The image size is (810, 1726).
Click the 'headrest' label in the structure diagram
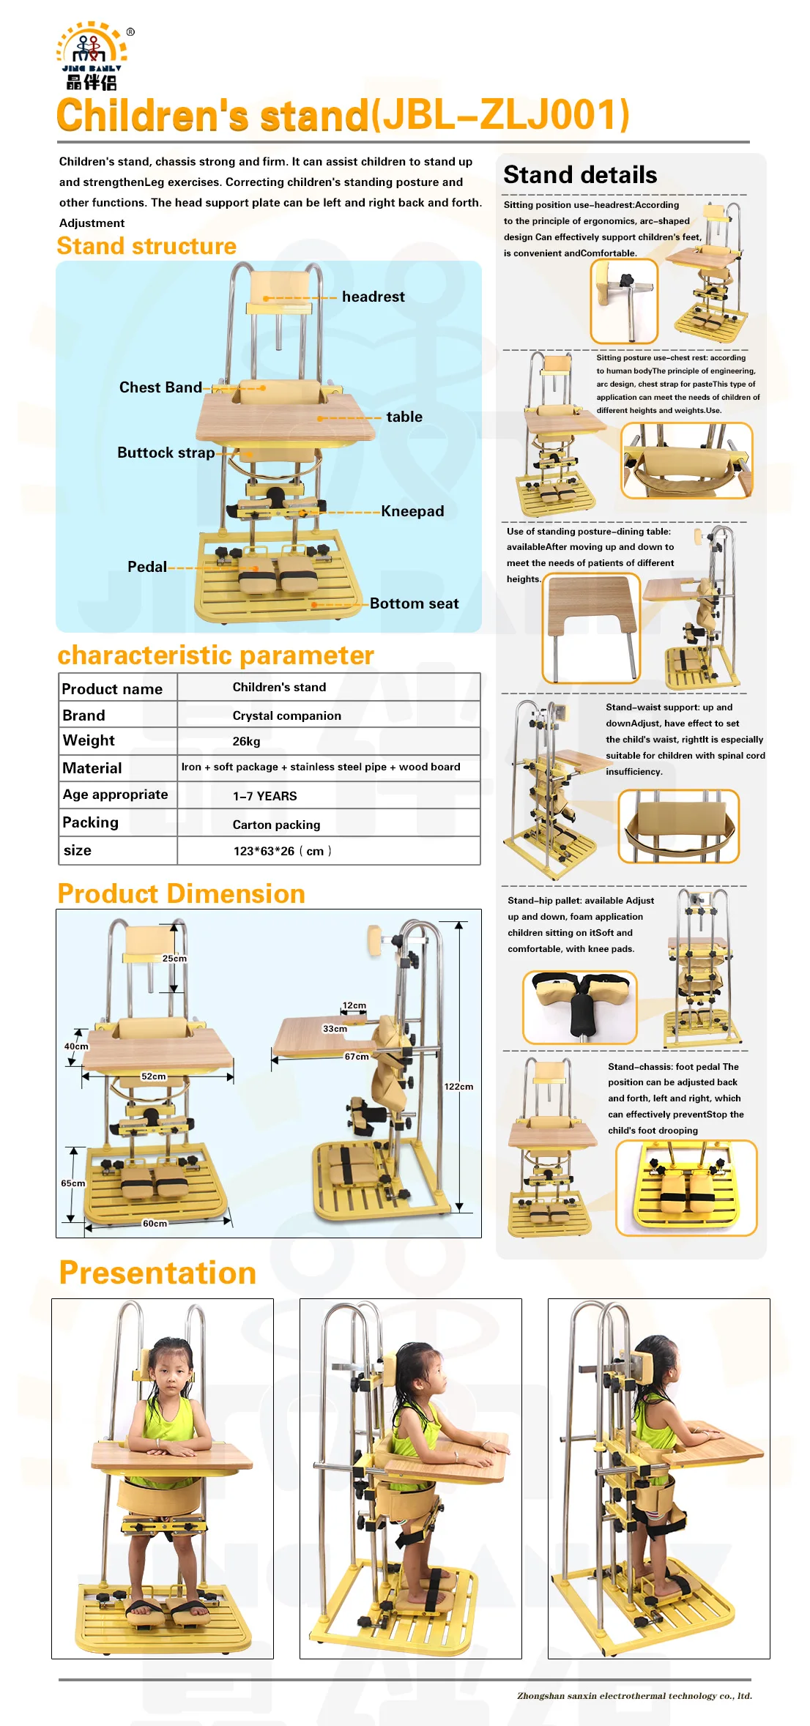[x=373, y=297]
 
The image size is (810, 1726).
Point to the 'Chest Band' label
[x=160, y=387]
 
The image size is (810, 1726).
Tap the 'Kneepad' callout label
[x=412, y=511]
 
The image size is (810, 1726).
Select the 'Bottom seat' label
[x=414, y=603]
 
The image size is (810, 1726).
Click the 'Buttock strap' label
[x=166, y=453]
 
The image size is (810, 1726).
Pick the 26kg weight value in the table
[x=246, y=741]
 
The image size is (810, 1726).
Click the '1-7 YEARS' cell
[x=264, y=796]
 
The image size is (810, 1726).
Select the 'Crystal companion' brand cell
[x=286, y=715]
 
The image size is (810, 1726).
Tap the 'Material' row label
[x=92, y=768]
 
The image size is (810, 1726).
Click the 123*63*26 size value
[x=281, y=851]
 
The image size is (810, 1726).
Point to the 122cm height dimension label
[x=458, y=1087]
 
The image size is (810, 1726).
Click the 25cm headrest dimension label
[x=174, y=959]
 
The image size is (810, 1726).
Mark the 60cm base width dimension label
[x=155, y=1224]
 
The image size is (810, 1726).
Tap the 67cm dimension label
[x=357, y=1057]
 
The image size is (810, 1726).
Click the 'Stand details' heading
[x=580, y=175]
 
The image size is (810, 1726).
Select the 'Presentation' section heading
[x=157, y=1273]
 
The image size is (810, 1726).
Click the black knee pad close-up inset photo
[x=579, y=1007]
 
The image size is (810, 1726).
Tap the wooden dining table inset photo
[x=591, y=628]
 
